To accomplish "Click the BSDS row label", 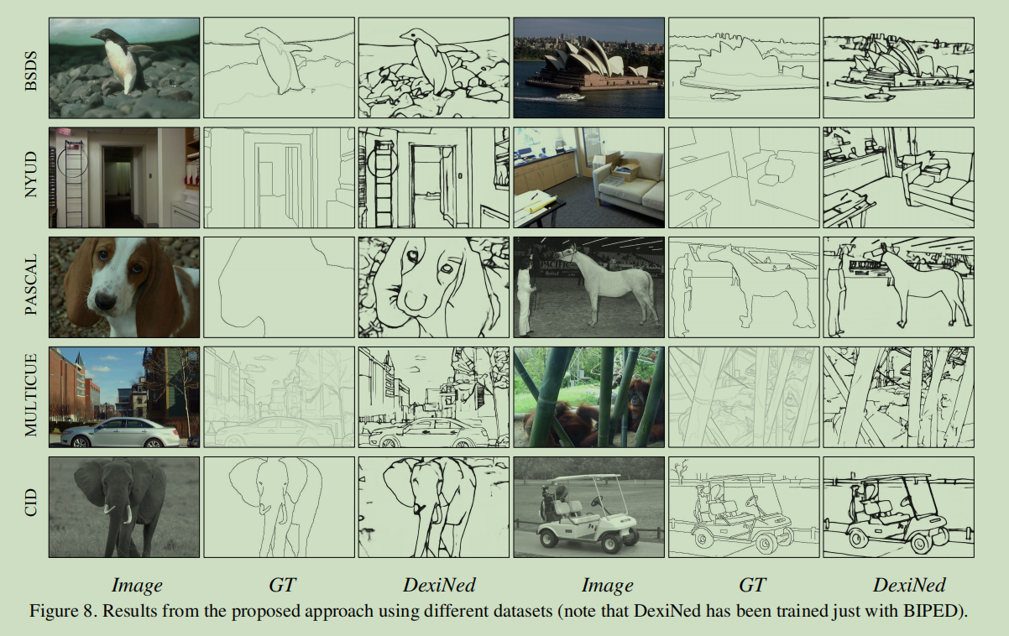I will click(x=31, y=68).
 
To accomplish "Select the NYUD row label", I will click(x=31, y=177).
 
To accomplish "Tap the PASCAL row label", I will click(x=31, y=287).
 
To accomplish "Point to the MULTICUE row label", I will click(x=31, y=397).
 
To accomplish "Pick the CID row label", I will click(x=31, y=507).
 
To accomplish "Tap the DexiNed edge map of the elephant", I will click(x=432, y=507).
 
